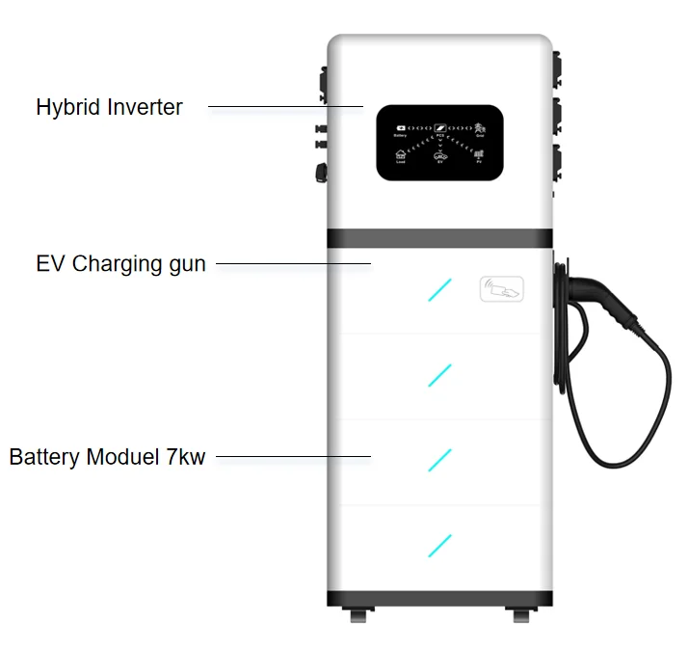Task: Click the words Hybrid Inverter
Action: coord(109,107)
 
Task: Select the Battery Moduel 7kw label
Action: coord(107,456)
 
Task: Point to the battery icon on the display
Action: coord(401,127)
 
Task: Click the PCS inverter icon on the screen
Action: coord(439,127)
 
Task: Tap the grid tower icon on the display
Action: coord(479,127)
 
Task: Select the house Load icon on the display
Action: coord(401,155)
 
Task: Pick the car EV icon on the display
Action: coord(439,155)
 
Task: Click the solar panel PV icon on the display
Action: coord(479,154)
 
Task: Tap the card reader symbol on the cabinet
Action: coord(502,288)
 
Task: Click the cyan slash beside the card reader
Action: coord(439,289)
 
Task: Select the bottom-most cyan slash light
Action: coord(439,544)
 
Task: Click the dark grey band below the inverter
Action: coord(439,238)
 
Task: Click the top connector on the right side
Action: coord(556,68)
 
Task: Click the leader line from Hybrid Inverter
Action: coord(285,107)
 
